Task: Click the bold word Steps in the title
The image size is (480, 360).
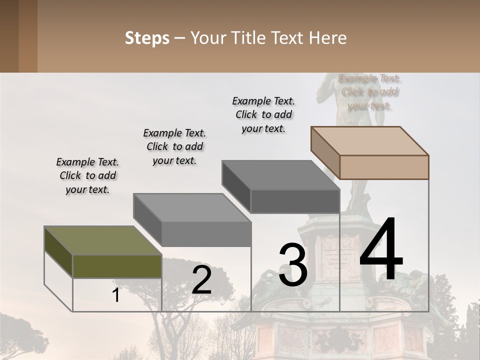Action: tap(147, 38)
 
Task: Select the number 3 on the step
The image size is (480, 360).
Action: tap(293, 265)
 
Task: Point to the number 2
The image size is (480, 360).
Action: tap(201, 280)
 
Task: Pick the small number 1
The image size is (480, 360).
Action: tap(116, 295)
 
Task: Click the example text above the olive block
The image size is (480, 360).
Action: tap(87, 175)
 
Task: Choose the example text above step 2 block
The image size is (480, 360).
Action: tap(174, 146)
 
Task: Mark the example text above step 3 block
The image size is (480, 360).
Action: tap(263, 114)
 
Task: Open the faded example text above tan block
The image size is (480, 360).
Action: tap(370, 92)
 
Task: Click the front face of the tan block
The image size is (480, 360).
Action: tap(384, 167)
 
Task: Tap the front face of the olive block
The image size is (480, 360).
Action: tap(117, 266)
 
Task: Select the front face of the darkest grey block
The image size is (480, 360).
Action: tap(295, 201)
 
